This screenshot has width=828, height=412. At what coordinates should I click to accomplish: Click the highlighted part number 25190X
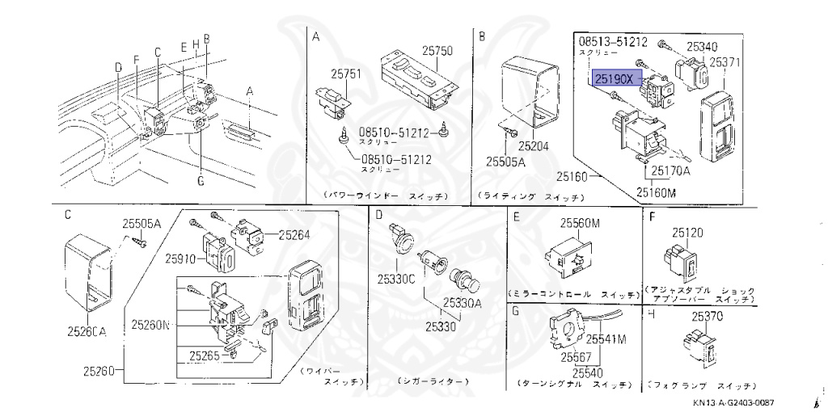click(x=617, y=78)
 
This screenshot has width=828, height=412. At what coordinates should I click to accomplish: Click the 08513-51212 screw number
click(x=613, y=40)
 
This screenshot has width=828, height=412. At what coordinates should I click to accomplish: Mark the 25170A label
click(x=670, y=171)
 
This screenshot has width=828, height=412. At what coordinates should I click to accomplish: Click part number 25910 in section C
click(x=181, y=259)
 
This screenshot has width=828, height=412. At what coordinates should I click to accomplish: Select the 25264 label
click(x=294, y=235)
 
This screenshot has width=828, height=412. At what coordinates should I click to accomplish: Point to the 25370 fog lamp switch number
click(x=706, y=316)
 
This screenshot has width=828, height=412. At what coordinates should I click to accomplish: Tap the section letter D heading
click(x=378, y=215)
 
